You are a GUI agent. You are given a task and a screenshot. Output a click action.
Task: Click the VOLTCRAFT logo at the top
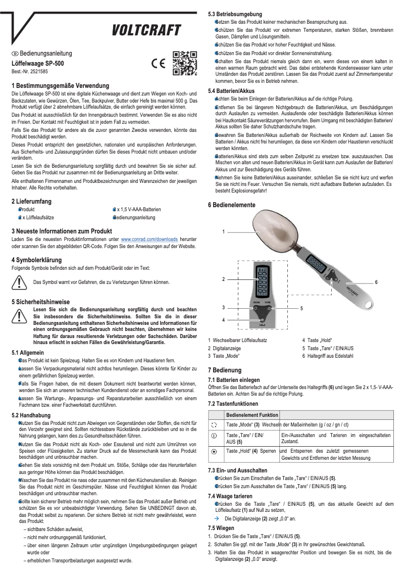pyautogui.click(x=146, y=31)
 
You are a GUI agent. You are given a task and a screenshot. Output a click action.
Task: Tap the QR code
pyautogui.click(x=184, y=63)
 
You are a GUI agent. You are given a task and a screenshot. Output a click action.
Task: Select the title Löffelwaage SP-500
pyautogui.click(x=38, y=64)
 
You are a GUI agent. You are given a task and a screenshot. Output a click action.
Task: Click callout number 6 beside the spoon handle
pyautogui.click(x=376, y=282)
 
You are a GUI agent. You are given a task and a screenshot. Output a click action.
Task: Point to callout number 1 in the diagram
pyautogui.click(x=223, y=231)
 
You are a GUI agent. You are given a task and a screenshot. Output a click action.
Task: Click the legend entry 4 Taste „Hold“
pyautogui.click(x=317, y=340)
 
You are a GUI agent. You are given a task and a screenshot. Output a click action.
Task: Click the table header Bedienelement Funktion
pyautogui.click(x=252, y=414)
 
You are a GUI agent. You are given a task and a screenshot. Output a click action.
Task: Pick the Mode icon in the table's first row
pyautogui.click(x=213, y=425)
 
